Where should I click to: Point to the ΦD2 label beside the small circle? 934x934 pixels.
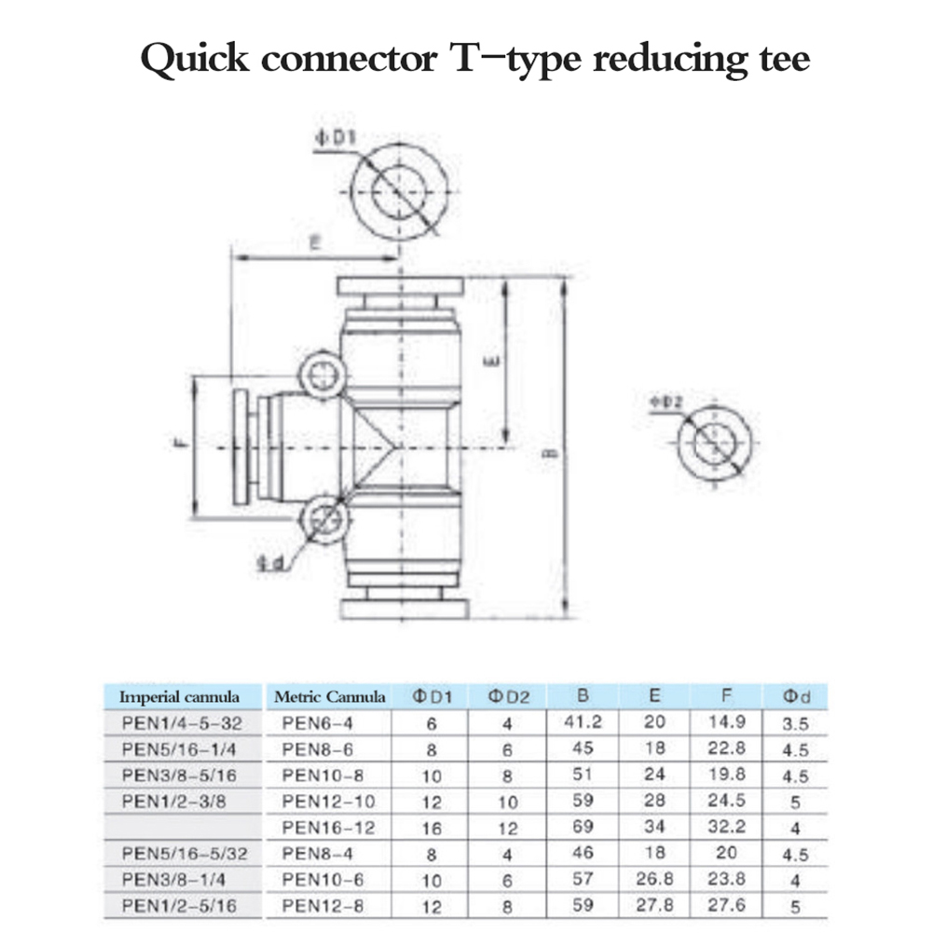pyautogui.click(x=667, y=403)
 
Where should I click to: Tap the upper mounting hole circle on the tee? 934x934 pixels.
pyautogui.click(x=322, y=376)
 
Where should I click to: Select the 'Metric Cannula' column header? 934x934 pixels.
pyautogui.click(x=330, y=696)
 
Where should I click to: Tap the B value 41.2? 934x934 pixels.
pyautogui.click(x=583, y=721)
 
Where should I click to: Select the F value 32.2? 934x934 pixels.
pyautogui.click(x=725, y=826)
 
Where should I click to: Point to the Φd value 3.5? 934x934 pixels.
pyautogui.click(x=795, y=722)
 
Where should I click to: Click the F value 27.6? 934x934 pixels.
pyautogui.click(x=725, y=904)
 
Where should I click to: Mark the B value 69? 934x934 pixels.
pyautogui.click(x=583, y=826)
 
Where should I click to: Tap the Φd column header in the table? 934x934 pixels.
pyautogui.click(x=795, y=696)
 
